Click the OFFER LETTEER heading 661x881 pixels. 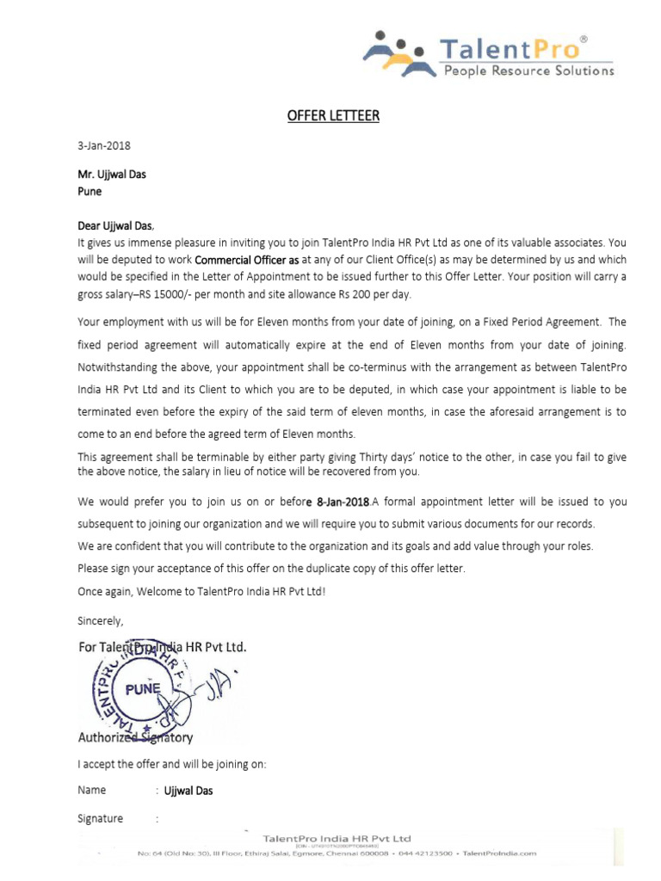pyautogui.click(x=333, y=116)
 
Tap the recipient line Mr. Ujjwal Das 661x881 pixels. pyautogui.click(x=112, y=174)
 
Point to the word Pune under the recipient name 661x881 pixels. pyautogui.click(x=90, y=192)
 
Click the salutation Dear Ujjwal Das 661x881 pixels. pyautogui.click(x=115, y=226)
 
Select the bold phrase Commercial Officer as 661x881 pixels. pyautogui.click(x=248, y=260)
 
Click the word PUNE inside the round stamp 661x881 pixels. pyautogui.click(x=143, y=688)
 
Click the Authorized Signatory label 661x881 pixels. pyautogui.click(x=135, y=737)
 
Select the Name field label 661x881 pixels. pyautogui.click(x=92, y=790)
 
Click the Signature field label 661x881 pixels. pyautogui.click(x=100, y=819)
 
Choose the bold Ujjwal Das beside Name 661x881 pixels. pyautogui.click(x=188, y=791)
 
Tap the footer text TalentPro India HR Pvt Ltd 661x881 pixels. pyautogui.click(x=337, y=838)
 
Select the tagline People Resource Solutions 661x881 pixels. pyautogui.click(x=528, y=71)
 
